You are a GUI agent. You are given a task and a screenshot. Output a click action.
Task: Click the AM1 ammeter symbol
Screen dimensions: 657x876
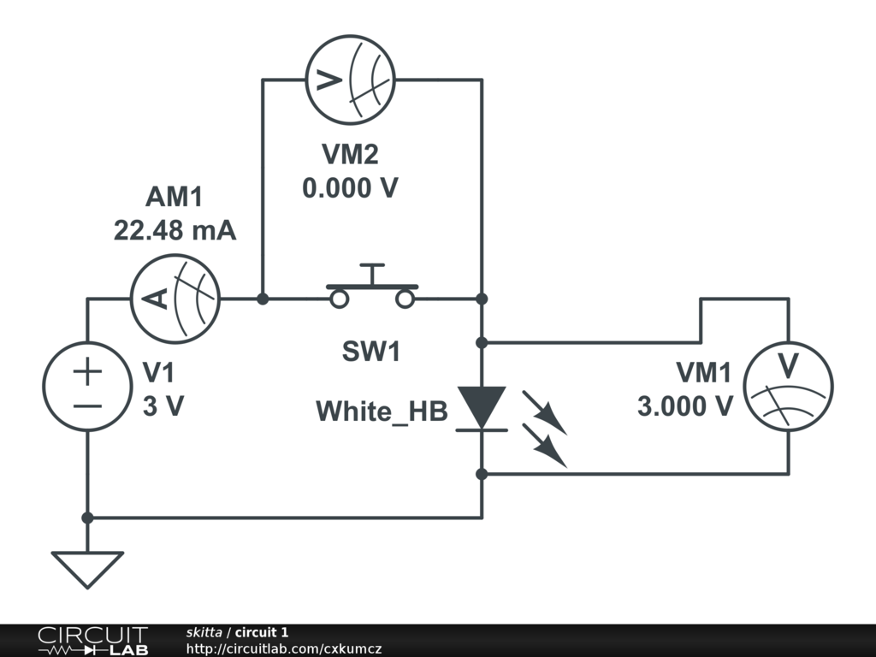click(175, 299)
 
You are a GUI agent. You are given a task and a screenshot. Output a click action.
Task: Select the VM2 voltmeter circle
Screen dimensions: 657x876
click(349, 80)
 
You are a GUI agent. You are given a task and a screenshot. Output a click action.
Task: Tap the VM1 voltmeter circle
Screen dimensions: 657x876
click(788, 387)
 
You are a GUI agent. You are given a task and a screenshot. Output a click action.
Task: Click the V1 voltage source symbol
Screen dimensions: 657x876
click(87, 387)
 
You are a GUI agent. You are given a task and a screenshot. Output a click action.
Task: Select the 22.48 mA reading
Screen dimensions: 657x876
click(175, 231)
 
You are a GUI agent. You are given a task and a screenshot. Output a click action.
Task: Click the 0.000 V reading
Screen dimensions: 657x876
click(350, 187)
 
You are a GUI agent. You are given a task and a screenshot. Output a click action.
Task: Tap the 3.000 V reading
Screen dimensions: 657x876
click(684, 405)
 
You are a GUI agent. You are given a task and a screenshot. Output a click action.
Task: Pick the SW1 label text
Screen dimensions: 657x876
click(371, 352)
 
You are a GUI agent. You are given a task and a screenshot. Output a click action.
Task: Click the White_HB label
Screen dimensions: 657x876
click(382, 411)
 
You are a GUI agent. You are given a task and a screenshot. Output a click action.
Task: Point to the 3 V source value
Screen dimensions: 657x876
click(163, 406)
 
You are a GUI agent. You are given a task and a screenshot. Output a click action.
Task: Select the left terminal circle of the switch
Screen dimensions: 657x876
click(340, 299)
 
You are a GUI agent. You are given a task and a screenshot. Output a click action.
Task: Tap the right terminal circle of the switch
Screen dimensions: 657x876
click(405, 299)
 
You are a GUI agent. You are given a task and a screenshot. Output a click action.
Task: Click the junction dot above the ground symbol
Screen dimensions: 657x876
click(87, 518)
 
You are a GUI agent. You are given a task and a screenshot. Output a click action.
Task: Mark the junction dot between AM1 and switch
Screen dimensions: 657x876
click(263, 299)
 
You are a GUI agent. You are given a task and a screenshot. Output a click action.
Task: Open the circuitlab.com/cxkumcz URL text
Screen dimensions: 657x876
click(283, 648)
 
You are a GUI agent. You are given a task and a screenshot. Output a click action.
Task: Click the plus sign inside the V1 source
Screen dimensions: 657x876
click(87, 372)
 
